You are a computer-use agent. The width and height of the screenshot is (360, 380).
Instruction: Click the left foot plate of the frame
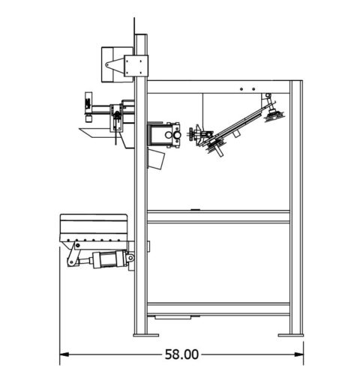coord(139,334)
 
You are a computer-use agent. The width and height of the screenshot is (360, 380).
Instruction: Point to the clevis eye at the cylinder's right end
coord(130,259)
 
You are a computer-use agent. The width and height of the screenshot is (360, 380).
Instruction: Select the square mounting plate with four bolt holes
coord(137,65)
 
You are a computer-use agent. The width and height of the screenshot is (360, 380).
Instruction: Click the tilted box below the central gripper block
coord(157,158)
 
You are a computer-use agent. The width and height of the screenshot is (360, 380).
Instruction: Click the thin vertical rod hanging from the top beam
coord(203,109)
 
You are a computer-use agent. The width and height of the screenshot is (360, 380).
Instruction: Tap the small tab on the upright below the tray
coord(148,245)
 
